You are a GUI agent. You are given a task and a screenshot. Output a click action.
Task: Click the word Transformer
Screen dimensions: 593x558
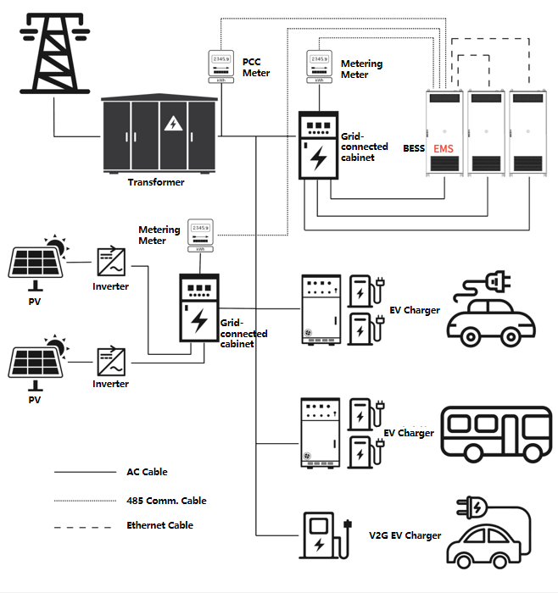coord(156,182)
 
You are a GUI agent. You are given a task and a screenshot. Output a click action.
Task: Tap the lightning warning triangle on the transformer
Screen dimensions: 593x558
coord(173,124)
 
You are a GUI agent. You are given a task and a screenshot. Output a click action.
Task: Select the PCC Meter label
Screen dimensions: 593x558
coord(256,68)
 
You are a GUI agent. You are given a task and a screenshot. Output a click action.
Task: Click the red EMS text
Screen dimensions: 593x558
coord(444,149)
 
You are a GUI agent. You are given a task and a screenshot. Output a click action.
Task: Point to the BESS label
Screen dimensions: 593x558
coord(414,147)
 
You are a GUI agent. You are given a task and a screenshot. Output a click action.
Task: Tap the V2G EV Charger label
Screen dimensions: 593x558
coord(405,535)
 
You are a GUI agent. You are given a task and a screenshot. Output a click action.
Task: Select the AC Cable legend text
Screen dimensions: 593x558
coord(148,472)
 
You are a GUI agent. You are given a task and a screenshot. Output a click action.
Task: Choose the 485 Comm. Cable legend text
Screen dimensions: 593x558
coord(166,500)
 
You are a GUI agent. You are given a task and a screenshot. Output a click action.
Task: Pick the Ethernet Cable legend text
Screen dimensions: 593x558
coord(160,525)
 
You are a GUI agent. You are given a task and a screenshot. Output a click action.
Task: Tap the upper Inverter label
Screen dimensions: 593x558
coord(111,286)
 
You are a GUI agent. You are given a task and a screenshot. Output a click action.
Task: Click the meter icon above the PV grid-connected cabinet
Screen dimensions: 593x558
coord(200,235)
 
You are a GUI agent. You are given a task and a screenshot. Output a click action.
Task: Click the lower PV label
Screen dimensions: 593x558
coord(35,398)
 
